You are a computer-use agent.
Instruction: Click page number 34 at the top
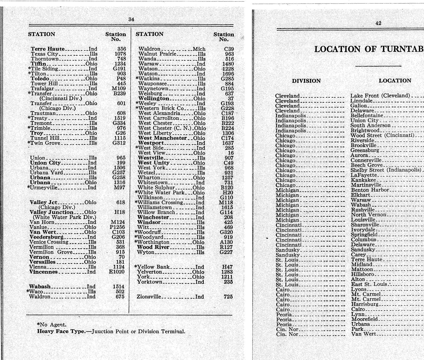pos(131,19)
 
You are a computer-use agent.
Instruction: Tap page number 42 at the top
pos(378,23)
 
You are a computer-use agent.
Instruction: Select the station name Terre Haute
pos(48,49)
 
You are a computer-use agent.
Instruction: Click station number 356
pos(122,49)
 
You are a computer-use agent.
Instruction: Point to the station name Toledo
pos(40,79)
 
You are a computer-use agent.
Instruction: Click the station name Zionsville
pos(149,297)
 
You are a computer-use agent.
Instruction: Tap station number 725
pos(228,297)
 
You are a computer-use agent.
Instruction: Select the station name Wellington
pos(154,99)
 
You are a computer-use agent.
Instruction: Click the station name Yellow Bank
pos(153,267)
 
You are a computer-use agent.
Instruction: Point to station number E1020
pos(117,272)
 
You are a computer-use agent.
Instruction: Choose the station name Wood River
pos(153,247)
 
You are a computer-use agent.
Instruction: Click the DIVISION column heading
pos(306,81)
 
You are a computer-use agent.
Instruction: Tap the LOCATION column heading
pos(395,81)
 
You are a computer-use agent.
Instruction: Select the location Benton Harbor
pos(370,190)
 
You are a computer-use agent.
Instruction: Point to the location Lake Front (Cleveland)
pos(380,96)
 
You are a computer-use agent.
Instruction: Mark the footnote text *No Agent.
pos(52,325)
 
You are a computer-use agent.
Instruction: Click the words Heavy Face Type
pos(61,331)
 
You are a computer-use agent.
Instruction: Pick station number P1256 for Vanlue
pos(117,227)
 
